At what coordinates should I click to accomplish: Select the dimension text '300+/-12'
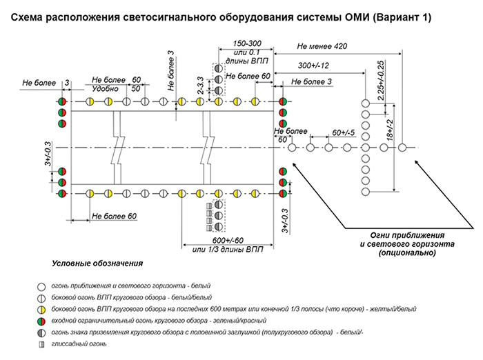313,65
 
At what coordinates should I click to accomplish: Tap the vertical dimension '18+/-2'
389,128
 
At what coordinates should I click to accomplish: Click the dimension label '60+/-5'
343,132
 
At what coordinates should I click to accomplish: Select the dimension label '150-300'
246,43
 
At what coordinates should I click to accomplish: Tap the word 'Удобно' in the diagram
105,88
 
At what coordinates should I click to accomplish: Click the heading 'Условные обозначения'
97,264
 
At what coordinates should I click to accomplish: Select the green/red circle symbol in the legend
41,320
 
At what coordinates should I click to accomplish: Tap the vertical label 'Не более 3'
170,72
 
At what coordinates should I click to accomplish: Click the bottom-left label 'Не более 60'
114,217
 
